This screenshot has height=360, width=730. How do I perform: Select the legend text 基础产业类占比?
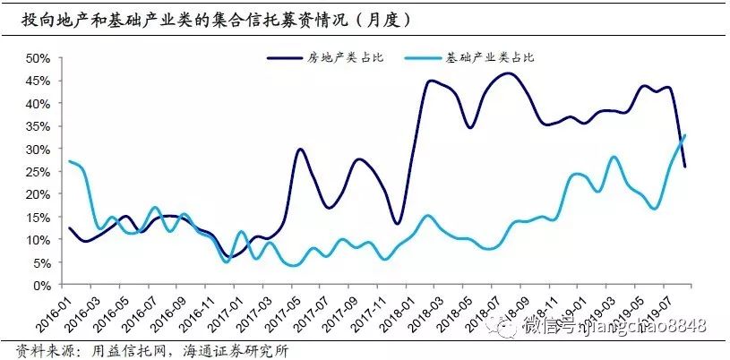[x=490, y=58]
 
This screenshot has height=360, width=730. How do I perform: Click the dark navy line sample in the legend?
[x=285, y=58]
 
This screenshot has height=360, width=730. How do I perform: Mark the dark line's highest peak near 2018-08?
[x=508, y=73]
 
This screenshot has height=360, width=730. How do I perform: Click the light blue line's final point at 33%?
[x=685, y=135]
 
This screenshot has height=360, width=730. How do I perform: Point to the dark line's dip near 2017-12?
[x=397, y=224]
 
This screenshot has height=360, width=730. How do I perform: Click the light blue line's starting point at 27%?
[x=69, y=161]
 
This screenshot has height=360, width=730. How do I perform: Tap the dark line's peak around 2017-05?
[x=300, y=150]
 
